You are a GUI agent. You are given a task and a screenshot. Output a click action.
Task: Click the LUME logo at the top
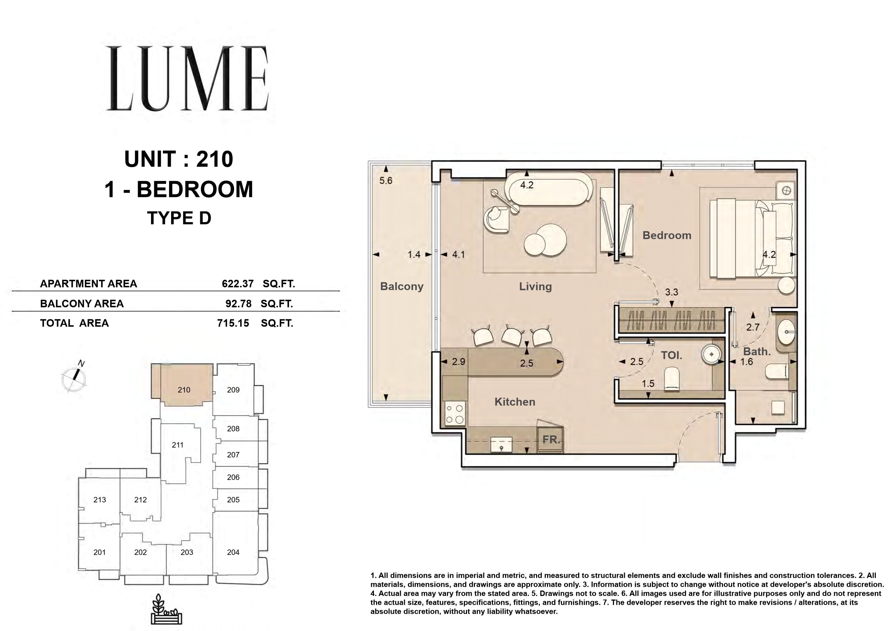[187, 78]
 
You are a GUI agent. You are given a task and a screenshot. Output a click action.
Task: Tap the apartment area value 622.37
[238, 284]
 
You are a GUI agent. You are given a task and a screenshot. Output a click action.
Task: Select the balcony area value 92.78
[238, 304]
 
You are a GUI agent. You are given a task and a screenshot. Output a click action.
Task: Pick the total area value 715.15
[233, 323]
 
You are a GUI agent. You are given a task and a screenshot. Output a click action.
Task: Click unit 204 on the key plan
[233, 552]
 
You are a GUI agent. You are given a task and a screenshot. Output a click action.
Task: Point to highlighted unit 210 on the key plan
[184, 390]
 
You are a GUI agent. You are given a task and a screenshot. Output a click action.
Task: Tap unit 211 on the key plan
[178, 445]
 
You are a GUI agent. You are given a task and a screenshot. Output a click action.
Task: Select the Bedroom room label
[667, 236]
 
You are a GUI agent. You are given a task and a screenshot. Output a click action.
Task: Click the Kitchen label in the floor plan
[515, 402]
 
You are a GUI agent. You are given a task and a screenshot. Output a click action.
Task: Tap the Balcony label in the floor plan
[402, 286]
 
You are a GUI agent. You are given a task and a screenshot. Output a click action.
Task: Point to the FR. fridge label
[551, 440]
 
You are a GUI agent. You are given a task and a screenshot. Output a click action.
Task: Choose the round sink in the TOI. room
[712, 354]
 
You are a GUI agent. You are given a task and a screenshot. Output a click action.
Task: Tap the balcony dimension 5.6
[386, 181]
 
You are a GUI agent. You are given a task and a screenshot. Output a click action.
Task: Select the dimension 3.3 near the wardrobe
[671, 292]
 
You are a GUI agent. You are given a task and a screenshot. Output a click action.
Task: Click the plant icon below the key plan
[166, 609]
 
